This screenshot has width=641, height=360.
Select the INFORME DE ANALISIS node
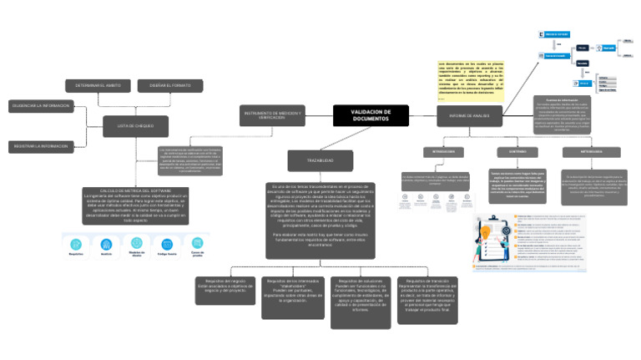coord(469,116)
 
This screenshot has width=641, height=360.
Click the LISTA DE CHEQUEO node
coord(129,126)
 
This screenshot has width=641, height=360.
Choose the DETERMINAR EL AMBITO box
coord(92,86)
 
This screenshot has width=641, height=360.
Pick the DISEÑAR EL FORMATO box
coord(169,86)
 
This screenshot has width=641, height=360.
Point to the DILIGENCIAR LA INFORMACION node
coord(40,106)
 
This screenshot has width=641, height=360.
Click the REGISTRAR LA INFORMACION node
coord(40,146)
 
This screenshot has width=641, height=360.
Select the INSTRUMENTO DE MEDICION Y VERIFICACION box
coord(273,115)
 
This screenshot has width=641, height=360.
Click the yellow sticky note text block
coord(470,81)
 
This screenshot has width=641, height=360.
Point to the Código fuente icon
coord(167,244)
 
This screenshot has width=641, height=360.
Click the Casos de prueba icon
coord(198,244)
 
